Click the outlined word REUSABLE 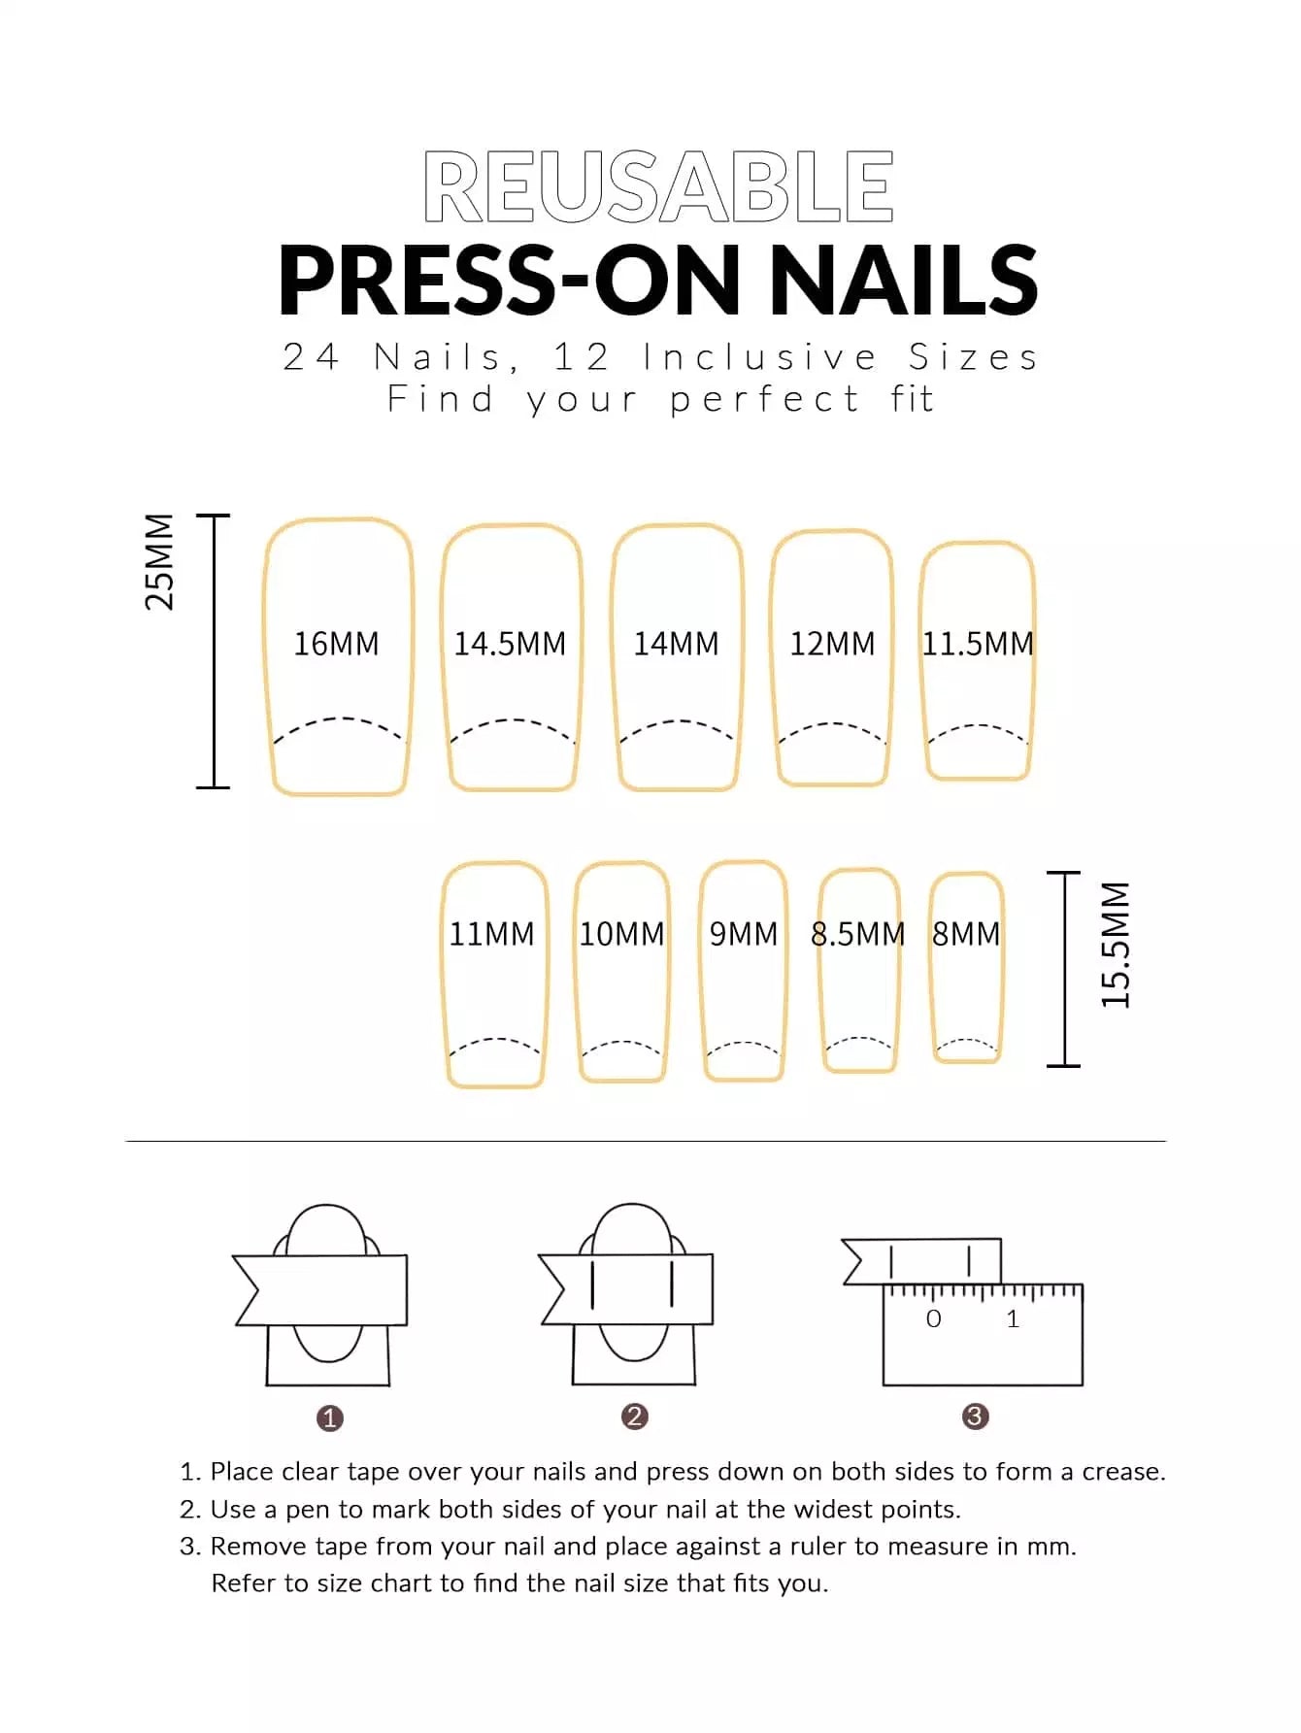(658, 186)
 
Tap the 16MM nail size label (336, 644)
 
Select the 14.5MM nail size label (510, 644)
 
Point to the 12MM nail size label (832, 644)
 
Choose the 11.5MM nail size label (978, 644)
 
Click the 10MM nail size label (621, 934)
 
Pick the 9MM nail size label (744, 934)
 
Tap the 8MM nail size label (966, 934)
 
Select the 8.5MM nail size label (857, 934)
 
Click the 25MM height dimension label (159, 562)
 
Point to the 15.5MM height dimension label (1116, 945)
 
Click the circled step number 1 (330, 1418)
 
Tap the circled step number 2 (635, 1416)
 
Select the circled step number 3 (975, 1416)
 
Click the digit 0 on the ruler (934, 1318)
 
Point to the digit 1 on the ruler (1013, 1318)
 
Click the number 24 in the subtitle (311, 357)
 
